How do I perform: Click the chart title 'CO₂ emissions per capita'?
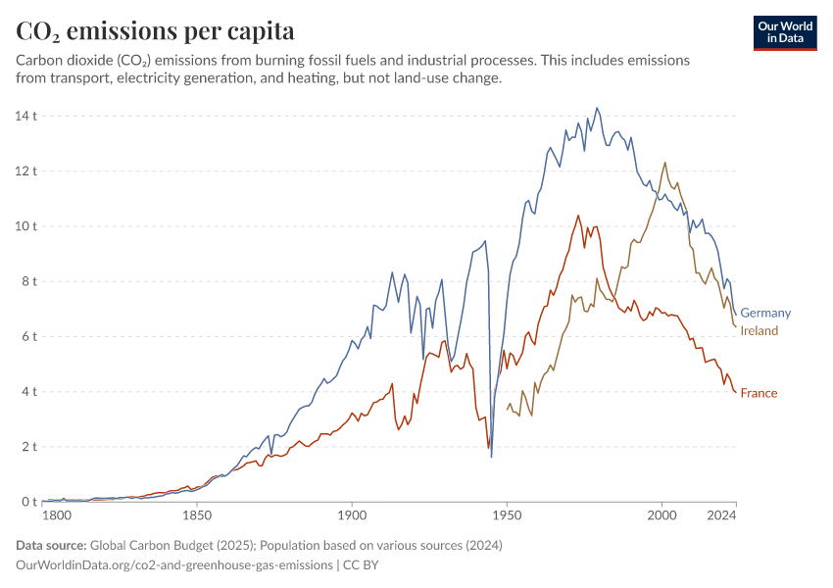[x=156, y=31]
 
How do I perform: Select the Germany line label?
[x=765, y=313]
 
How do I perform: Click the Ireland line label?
[x=759, y=331]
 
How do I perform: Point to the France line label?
[x=759, y=393]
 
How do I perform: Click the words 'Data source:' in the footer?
[x=51, y=545]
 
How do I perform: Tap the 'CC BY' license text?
[x=361, y=565]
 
